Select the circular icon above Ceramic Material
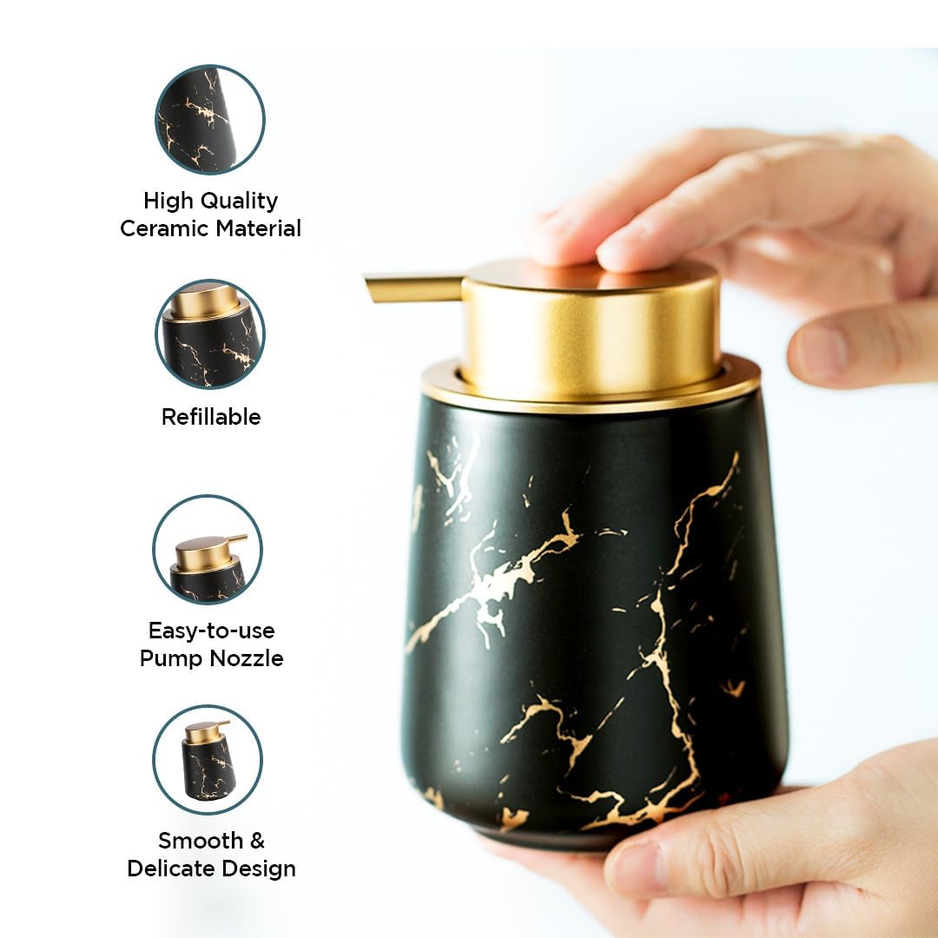[210, 119]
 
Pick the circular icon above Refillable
[210, 334]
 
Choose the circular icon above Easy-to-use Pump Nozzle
[208, 549]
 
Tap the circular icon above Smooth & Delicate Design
[208, 760]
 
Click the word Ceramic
[164, 228]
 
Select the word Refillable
[211, 417]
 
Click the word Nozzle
[247, 658]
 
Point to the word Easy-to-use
[212, 631]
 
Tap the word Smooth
[201, 841]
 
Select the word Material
[259, 228]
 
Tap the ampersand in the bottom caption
[257, 841]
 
